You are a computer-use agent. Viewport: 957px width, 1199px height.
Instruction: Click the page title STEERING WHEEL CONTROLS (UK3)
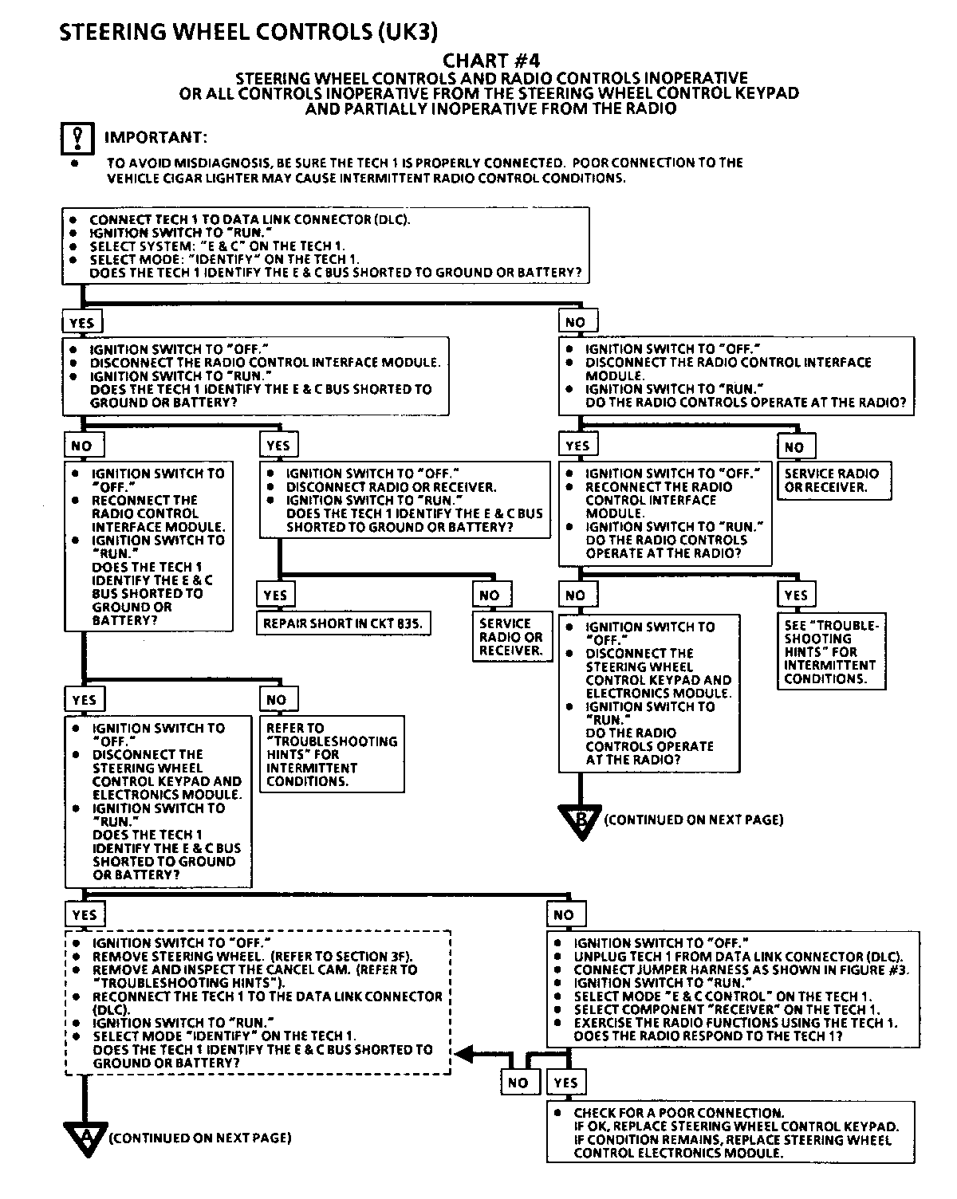248,31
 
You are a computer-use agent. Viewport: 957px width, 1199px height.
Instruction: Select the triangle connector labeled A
84,1138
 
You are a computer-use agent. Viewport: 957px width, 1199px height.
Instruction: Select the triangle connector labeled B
579,821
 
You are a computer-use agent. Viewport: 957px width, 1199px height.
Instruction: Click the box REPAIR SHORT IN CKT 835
342,623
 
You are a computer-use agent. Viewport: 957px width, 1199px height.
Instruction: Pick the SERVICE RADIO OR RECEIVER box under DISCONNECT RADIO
510,637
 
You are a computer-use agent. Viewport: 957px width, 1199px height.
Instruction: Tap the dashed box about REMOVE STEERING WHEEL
258,1002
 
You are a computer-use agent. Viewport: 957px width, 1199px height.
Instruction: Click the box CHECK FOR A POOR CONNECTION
731,1133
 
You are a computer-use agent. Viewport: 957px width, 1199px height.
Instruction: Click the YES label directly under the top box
82,323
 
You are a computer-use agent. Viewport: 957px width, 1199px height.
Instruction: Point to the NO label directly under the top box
575,322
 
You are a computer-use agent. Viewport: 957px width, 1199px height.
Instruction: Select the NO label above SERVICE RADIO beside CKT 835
490,596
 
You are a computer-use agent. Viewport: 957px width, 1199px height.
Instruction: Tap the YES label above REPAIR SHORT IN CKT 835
275,596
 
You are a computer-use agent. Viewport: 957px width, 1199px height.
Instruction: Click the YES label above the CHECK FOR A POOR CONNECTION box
565,1082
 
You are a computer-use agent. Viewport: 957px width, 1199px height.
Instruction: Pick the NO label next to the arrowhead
518,1082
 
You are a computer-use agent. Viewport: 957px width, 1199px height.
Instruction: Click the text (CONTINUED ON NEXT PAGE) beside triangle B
694,820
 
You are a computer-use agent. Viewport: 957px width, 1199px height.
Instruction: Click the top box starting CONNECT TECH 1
325,246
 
